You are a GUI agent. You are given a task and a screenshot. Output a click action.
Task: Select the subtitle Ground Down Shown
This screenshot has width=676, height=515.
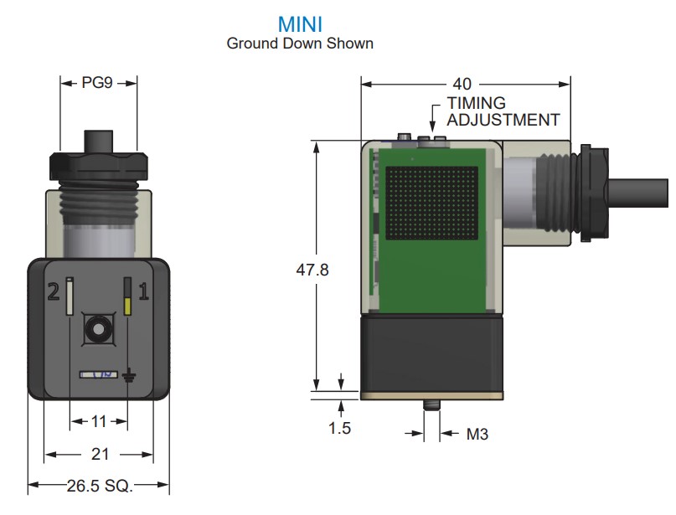[x=300, y=43]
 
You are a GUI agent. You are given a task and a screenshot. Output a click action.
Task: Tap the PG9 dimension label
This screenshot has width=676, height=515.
[x=97, y=83]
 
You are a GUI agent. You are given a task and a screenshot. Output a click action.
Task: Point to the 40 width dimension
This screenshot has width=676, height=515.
[x=462, y=84]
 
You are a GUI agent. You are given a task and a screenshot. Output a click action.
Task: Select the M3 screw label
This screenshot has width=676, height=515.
[x=477, y=434]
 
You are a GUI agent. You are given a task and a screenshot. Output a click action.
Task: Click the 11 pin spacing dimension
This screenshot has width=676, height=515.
[x=99, y=421]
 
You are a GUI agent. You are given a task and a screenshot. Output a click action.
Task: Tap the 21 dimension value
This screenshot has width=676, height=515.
[x=100, y=454]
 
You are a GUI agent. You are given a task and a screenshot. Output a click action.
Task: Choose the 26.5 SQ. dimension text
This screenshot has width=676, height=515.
[x=100, y=485]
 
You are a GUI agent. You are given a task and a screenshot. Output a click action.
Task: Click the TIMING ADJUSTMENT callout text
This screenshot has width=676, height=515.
[x=502, y=111]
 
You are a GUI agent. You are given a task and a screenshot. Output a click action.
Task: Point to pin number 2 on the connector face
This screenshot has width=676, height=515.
[x=53, y=292]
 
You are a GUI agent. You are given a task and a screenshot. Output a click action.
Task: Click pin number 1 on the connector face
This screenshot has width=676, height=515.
[x=143, y=291]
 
